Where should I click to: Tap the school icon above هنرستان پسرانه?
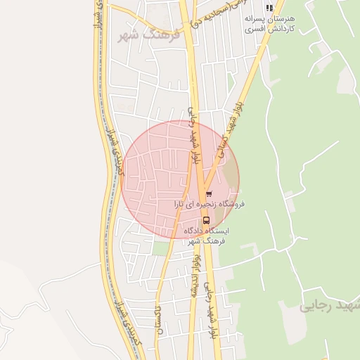coord(269,8)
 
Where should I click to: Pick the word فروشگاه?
coord(230,204)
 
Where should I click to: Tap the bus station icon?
coord(206,218)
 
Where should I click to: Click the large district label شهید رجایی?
coord(328,307)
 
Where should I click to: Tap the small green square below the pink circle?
coord(161,247)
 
